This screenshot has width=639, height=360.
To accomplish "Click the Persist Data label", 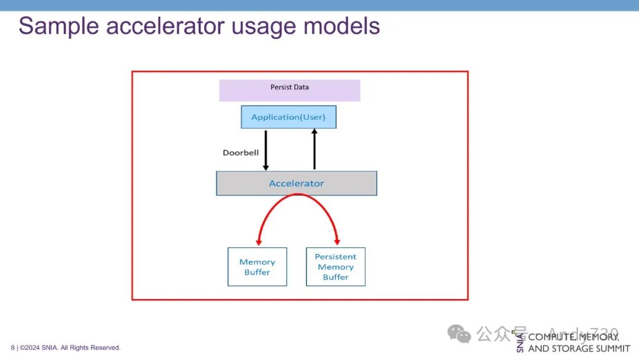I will [x=289, y=87].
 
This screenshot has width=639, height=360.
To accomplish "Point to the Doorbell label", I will [x=240, y=153].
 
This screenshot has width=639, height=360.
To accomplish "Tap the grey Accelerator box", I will [x=296, y=184].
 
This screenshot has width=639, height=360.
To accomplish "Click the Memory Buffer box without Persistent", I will [x=257, y=267].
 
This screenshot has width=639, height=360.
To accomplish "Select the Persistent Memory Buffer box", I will [x=335, y=267].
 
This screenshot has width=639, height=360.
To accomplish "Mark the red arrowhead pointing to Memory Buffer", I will [x=259, y=242].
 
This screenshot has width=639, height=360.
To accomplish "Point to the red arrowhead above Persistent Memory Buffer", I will [x=337, y=242].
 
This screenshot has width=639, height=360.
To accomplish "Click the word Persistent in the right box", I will [x=335, y=257].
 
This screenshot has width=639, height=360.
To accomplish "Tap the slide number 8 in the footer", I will [x=12, y=348].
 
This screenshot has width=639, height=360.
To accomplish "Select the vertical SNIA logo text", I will [x=520, y=343].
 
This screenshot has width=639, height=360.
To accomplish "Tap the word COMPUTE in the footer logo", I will [x=551, y=337].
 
